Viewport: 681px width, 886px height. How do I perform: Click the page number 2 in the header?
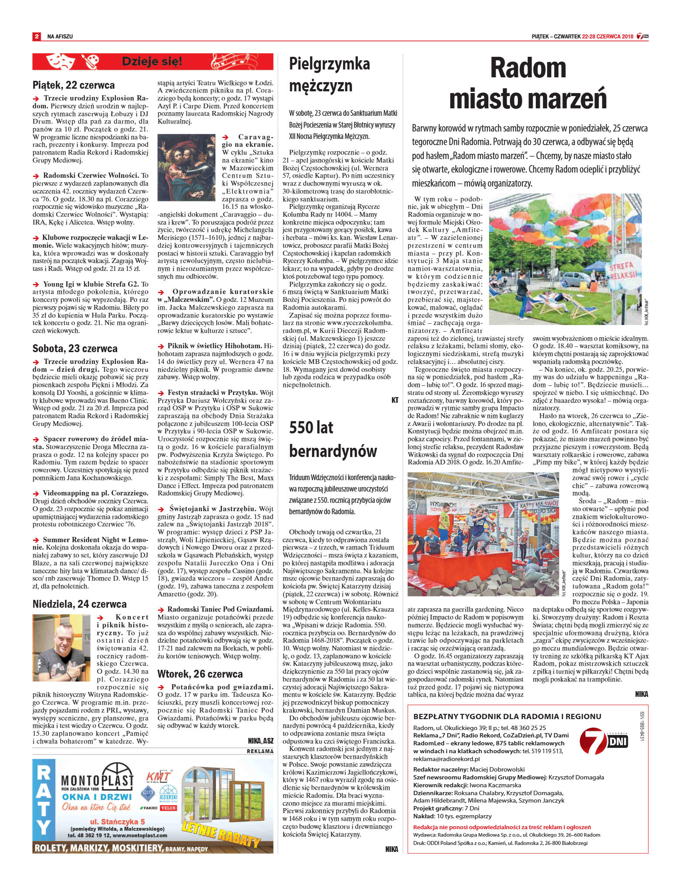coord(37,37)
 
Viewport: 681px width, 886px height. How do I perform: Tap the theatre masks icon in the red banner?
coord(59,62)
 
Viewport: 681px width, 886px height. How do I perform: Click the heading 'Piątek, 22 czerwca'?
coord(73,85)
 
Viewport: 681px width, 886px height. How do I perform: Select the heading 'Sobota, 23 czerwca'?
coord(75,348)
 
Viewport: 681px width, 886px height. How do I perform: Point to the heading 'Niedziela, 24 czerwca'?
coord(80,604)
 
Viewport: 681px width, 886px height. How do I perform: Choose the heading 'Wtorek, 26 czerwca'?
coord(200,674)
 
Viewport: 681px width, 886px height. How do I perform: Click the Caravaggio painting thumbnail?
coord(186,167)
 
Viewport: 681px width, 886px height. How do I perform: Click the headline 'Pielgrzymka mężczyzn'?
coord(329,74)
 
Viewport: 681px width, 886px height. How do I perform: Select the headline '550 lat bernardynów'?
coord(333,439)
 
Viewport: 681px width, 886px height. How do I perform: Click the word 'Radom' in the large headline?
coord(528,68)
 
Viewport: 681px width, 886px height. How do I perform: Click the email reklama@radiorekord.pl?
coord(446,759)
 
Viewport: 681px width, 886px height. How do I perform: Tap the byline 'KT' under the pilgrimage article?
coord(395,400)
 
